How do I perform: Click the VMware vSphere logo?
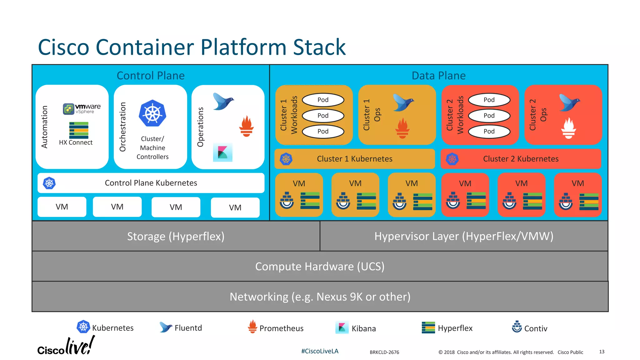(x=82, y=109)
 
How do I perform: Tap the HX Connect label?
(x=76, y=142)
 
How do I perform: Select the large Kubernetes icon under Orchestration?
(x=152, y=113)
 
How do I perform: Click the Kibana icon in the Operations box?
(x=222, y=152)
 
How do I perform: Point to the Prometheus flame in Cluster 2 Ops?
(x=568, y=128)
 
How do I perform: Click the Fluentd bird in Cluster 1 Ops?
(x=403, y=102)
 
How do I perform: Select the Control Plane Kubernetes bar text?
(x=151, y=183)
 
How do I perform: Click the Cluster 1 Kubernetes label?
(x=354, y=159)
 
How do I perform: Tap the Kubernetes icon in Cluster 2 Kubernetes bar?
(x=452, y=159)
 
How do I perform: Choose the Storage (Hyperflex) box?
(x=176, y=236)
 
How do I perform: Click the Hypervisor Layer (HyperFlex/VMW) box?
(x=464, y=236)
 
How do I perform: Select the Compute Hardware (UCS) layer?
(x=320, y=266)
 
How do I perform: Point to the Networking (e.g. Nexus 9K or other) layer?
(x=320, y=297)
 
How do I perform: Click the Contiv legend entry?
(x=530, y=328)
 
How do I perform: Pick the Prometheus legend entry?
(x=276, y=328)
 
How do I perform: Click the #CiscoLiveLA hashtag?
(x=320, y=351)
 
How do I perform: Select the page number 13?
(x=602, y=352)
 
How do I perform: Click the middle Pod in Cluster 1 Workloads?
(x=323, y=116)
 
